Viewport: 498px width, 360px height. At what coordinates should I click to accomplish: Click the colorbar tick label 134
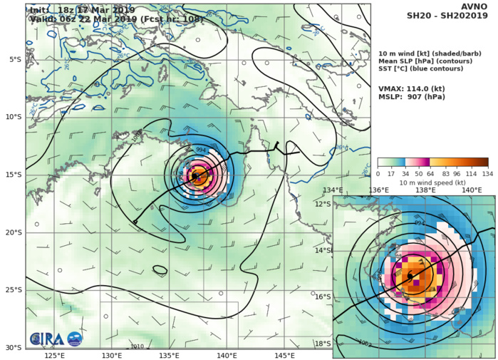pyautogui.click(x=488, y=173)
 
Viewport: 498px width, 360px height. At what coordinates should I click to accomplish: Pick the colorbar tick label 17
pyautogui.click(x=392, y=173)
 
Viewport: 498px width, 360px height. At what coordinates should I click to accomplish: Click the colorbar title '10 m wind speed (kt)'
pyautogui.click(x=432, y=182)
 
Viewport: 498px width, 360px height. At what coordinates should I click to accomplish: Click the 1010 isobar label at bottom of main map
pyautogui.click(x=138, y=346)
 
